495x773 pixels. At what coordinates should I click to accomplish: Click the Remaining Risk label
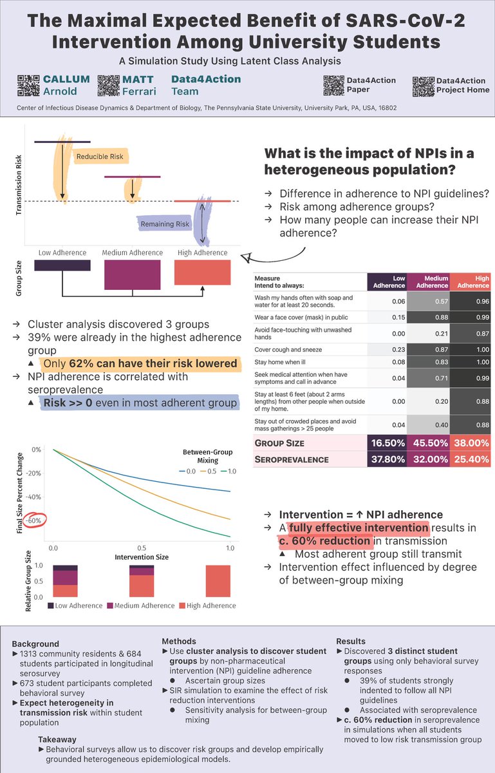165,224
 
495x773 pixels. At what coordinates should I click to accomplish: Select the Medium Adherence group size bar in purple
132,274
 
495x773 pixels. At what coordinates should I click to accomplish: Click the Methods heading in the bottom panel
178,642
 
